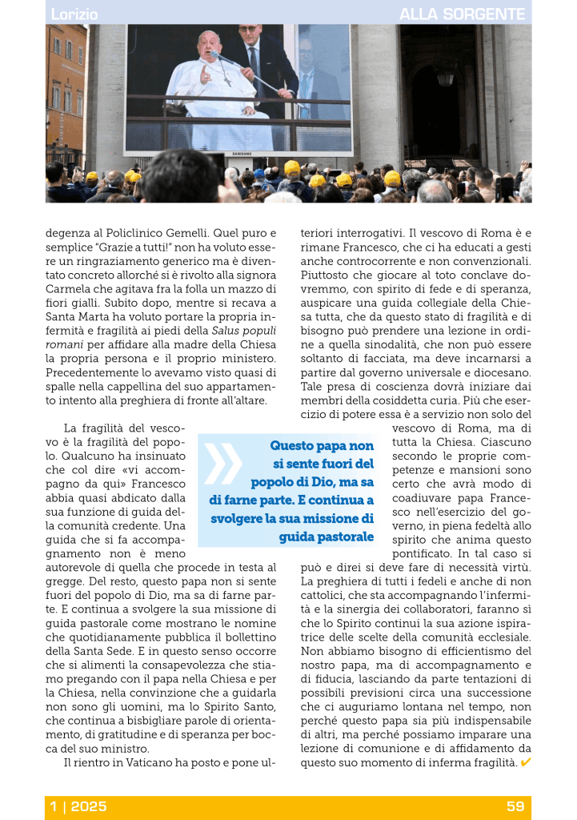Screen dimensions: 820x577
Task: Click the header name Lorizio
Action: [x=74, y=14]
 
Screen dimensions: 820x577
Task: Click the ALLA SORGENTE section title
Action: [x=462, y=14]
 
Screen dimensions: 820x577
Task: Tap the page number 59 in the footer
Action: [x=515, y=806]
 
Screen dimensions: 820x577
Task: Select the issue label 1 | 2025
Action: [x=78, y=806]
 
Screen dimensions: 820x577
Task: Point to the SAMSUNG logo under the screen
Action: [x=240, y=152]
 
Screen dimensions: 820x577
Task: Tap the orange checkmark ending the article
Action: [x=525, y=762]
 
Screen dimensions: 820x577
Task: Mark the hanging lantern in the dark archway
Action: [x=445, y=78]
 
